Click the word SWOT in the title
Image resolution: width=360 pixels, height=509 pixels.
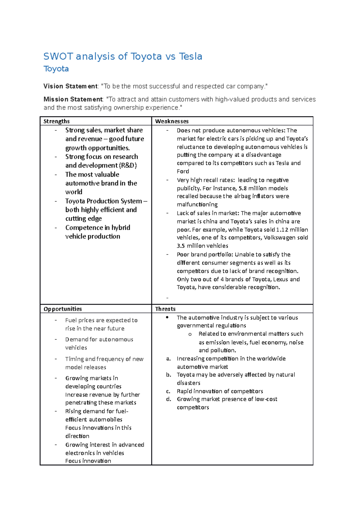[x=58, y=56]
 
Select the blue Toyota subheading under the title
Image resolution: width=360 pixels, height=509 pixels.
[x=56, y=69]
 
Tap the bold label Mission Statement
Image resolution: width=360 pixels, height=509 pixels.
[x=73, y=99]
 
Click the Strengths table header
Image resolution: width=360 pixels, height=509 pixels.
[x=56, y=121]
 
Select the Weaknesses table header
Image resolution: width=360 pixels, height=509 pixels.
[x=172, y=121]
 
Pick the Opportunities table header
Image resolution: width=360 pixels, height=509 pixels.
[x=62, y=309]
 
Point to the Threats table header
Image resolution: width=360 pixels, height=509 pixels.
[x=165, y=309]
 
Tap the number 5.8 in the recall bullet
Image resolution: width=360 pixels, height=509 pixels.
[x=242, y=188]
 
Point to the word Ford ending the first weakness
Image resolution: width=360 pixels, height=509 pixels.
[x=183, y=171]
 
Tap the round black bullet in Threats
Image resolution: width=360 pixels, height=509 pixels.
[x=167, y=317]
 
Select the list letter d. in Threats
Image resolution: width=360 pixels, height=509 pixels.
[x=169, y=399]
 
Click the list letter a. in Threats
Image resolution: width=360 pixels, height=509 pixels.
[x=169, y=359]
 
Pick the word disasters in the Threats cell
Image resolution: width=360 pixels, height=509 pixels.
[x=188, y=383]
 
